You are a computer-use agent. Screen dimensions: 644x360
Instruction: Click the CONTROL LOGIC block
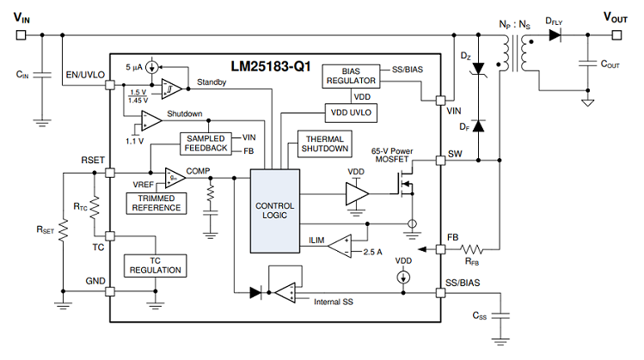(275, 211)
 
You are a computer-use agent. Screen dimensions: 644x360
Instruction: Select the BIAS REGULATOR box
(351, 76)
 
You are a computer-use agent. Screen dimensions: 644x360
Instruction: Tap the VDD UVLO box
(351, 113)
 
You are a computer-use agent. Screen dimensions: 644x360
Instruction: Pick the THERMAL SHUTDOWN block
(324, 143)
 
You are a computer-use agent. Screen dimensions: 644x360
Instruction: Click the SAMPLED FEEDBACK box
(205, 143)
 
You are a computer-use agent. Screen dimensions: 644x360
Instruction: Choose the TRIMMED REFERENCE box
(156, 203)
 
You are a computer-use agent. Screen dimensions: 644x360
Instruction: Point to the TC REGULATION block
(156, 265)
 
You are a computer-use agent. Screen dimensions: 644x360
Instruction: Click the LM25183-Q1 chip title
(270, 66)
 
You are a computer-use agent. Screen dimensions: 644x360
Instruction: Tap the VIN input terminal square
(21, 35)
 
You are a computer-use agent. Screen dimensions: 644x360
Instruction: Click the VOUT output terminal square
(616, 35)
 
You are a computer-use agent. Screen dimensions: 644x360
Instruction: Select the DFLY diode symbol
(555, 35)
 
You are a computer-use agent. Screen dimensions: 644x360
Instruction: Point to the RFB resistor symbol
(471, 249)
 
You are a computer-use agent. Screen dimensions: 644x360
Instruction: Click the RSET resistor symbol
(64, 230)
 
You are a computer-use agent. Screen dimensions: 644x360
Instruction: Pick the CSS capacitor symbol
(500, 315)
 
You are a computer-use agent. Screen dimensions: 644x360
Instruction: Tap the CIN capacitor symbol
(42, 75)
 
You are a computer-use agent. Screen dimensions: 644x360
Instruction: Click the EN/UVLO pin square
(110, 85)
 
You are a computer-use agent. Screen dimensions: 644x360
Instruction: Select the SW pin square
(440, 160)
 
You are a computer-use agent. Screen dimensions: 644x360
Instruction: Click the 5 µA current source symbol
(152, 67)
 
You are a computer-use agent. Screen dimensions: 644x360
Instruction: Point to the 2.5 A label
(372, 252)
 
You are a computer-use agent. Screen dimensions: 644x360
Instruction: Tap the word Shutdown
(184, 113)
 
